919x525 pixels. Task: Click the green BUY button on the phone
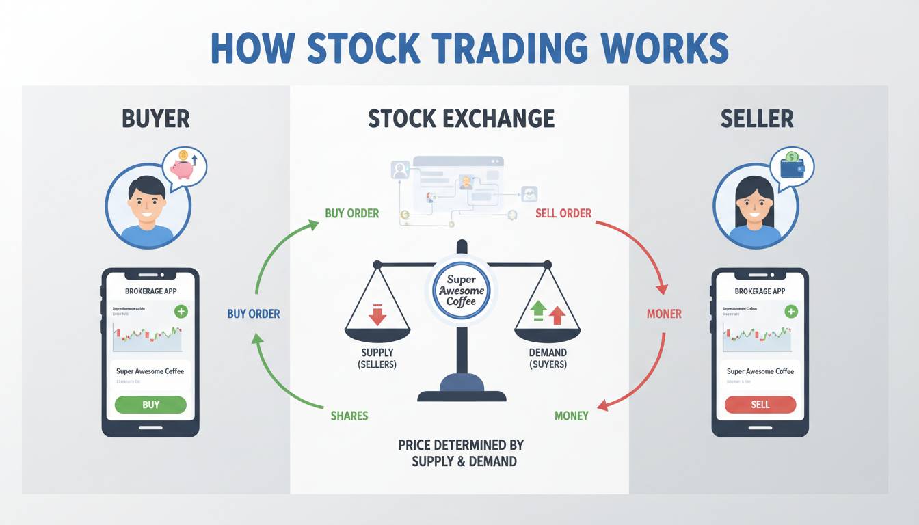pos(150,405)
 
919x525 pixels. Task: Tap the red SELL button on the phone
pos(760,405)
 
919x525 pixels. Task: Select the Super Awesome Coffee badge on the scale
pos(461,291)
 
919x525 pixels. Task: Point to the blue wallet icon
pos(792,165)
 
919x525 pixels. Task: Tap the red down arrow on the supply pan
pos(377,314)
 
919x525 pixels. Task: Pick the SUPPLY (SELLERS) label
pos(377,358)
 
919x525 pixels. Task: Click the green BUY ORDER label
pos(351,213)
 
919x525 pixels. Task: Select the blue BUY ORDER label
pos(254,314)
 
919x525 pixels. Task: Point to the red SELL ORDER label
pos(563,213)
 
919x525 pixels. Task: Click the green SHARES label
pos(349,416)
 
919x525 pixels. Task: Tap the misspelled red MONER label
pos(664,314)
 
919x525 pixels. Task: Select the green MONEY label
pos(571,416)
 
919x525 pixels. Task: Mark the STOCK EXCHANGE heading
pos(461,119)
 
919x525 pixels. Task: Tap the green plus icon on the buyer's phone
pos(181,312)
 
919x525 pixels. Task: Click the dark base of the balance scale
pos(462,390)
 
